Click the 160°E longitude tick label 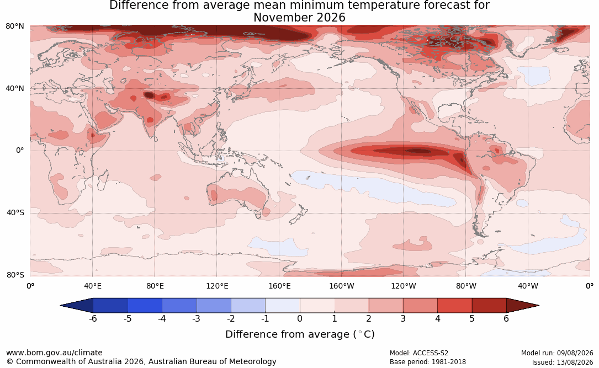(x=279, y=286)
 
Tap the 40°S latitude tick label (x=15, y=212)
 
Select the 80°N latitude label (x=15, y=26)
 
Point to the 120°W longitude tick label (x=404, y=286)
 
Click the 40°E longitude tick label (x=92, y=286)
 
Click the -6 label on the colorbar (x=92, y=318)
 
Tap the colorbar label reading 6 (x=506, y=318)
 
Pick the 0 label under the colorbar (x=300, y=318)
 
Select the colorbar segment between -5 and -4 (x=145, y=306)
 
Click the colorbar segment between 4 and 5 (x=454, y=306)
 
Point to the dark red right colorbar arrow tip (x=538, y=306)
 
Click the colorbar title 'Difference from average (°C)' (x=300, y=334)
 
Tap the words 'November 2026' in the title (x=299, y=18)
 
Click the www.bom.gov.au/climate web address (x=54, y=353)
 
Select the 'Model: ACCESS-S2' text (x=418, y=353)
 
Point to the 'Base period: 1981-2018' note (x=428, y=361)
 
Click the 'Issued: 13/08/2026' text (x=563, y=362)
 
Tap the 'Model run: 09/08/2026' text (x=557, y=353)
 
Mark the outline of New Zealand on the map (x=297, y=214)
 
